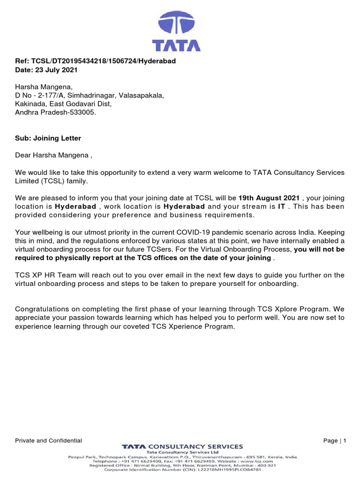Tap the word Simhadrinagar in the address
(x=93, y=96)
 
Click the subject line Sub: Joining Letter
(x=48, y=138)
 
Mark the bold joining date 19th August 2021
(x=269, y=198)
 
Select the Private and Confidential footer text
(x=49, y=441)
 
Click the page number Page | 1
(x=334, y=441)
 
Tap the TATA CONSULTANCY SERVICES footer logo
(x=182, y=446)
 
